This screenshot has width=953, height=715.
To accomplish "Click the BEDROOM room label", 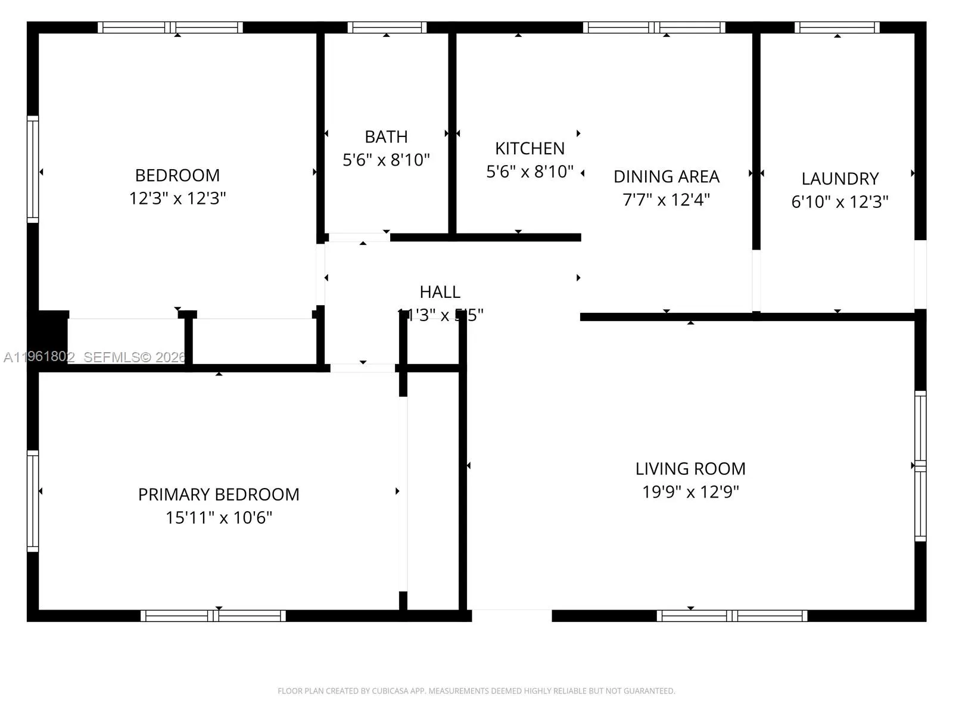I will tap(177, 175).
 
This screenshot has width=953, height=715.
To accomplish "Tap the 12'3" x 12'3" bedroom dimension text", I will tap(177, 198).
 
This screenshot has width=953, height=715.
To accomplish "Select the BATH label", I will tap(386, 136).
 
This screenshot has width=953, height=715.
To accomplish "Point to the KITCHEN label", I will tap(530, 148).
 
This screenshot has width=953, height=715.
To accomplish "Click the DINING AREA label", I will tap(666, 176).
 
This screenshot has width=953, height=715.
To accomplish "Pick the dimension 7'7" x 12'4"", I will tap(666, 200).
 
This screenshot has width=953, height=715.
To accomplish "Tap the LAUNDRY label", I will tap(840, 179).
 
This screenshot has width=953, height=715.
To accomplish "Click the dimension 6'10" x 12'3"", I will tap(840, 202).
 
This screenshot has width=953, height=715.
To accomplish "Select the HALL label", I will tap(440, 292).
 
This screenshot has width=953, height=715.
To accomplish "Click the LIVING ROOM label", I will tap(690, 469).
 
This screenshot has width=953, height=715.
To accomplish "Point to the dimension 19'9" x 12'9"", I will tap(690, 492).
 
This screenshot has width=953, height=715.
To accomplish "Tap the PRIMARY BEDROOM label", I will tap(219, 495).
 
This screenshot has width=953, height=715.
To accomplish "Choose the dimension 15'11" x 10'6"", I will tap(219, 518).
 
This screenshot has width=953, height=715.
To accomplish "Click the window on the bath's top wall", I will tap(387, 27).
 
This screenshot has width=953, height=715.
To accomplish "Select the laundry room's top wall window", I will tap(837, 27).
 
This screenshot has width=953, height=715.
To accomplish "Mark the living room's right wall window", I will tap(920, 466).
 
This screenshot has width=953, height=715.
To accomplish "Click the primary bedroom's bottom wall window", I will tap(213, 615).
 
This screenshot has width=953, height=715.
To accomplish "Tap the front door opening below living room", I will tap(512, 615).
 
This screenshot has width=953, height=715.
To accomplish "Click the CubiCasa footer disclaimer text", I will tap(476, 691).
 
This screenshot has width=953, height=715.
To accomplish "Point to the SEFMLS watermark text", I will tap(135, 357).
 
